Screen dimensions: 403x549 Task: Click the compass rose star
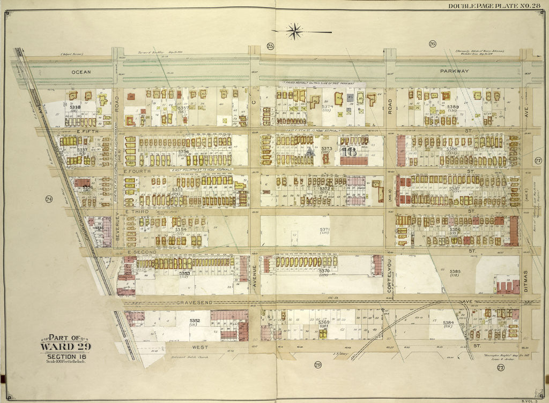click(294, 31)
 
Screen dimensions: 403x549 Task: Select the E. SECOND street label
click(142, 252)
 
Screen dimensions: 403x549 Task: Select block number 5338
click(75, 107)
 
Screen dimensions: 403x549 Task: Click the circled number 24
click(49, 200)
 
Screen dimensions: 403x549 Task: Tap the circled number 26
click(432, 44)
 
